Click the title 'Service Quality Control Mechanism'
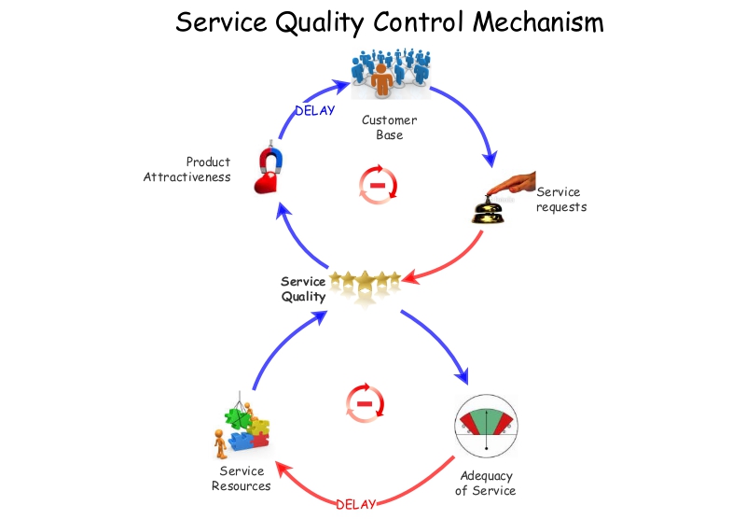click(389, 21)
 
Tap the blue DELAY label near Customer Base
click(314, 110)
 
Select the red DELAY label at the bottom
click(355, 504)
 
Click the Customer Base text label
click(389, 128)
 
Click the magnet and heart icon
click(269, 169)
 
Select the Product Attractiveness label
click(188, 170)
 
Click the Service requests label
click(560, 200)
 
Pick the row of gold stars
click(370, 281)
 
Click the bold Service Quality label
click(304, 289)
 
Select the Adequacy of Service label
click(485, 484)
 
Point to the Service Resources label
click(241, 479)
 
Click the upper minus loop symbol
click(378, 184)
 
